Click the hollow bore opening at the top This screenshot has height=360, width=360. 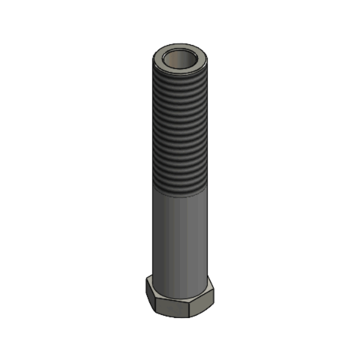[180, 60]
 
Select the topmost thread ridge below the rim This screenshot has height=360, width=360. [180, 77]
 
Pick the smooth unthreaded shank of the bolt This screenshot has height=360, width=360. [180, 240]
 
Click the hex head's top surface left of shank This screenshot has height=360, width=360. [150, 282]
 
